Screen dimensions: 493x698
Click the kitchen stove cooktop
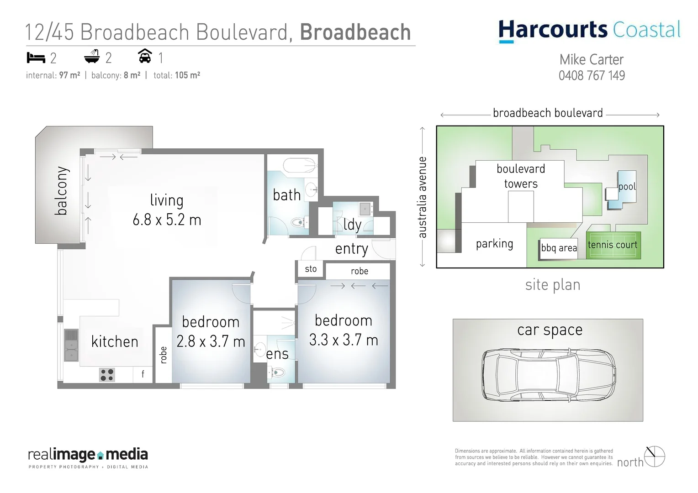tap(107, 375)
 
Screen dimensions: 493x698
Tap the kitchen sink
tap(71, 346)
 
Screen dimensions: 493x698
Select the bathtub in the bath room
tap(300, 165)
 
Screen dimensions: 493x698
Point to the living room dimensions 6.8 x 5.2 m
tap(167, 220)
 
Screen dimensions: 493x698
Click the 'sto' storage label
tap(311, 269)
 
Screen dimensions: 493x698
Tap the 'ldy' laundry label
tap(352, 225)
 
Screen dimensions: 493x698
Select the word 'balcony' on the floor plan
tap(61, 191)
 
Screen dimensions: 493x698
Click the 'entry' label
tap(351, 249)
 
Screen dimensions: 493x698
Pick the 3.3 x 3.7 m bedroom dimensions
tap(344, 340)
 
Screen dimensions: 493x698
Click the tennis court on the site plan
tap(613, 245)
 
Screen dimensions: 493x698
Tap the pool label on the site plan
tap(627, 187)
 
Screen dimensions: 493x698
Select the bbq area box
tap(559, 248)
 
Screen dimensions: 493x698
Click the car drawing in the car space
tap(548, 375)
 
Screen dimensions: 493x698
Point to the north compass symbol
tap(655, 456)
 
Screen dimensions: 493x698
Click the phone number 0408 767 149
tap(592, 76)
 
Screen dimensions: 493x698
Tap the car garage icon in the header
tap(145, 56)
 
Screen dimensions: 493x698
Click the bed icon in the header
tap(36, 58)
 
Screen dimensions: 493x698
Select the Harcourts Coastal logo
tap(589, 30)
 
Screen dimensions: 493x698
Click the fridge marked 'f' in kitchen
tap(143, 374)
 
